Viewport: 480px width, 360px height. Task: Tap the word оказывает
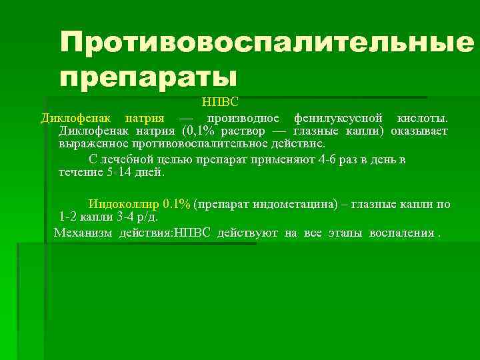(419, 131)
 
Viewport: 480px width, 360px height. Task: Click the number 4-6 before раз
(310, 160)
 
